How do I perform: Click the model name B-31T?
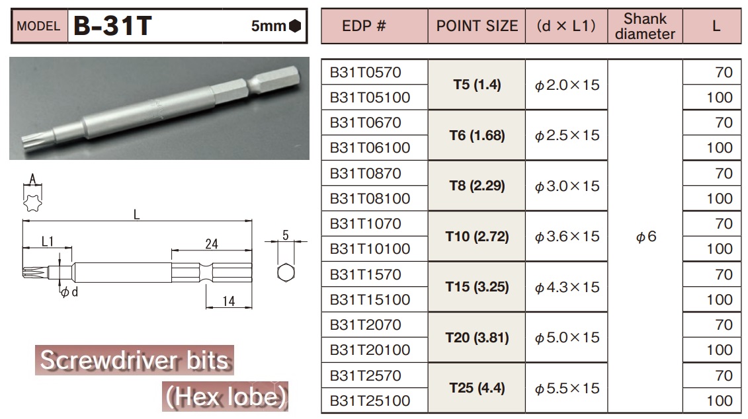112,26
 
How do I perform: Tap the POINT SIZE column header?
477,26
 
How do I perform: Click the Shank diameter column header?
645,26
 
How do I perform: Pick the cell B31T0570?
366,72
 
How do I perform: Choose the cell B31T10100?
370,249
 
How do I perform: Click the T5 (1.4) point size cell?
477,85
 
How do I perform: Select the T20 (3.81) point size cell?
477,338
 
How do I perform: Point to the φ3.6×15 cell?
567,237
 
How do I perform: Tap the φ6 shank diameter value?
645,237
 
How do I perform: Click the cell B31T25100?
370,400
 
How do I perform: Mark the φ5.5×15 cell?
567,388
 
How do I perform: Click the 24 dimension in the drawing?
212,243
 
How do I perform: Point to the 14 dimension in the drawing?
229,301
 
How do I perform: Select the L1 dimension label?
47,242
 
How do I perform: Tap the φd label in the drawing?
69,292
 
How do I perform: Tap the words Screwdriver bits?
134,361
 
